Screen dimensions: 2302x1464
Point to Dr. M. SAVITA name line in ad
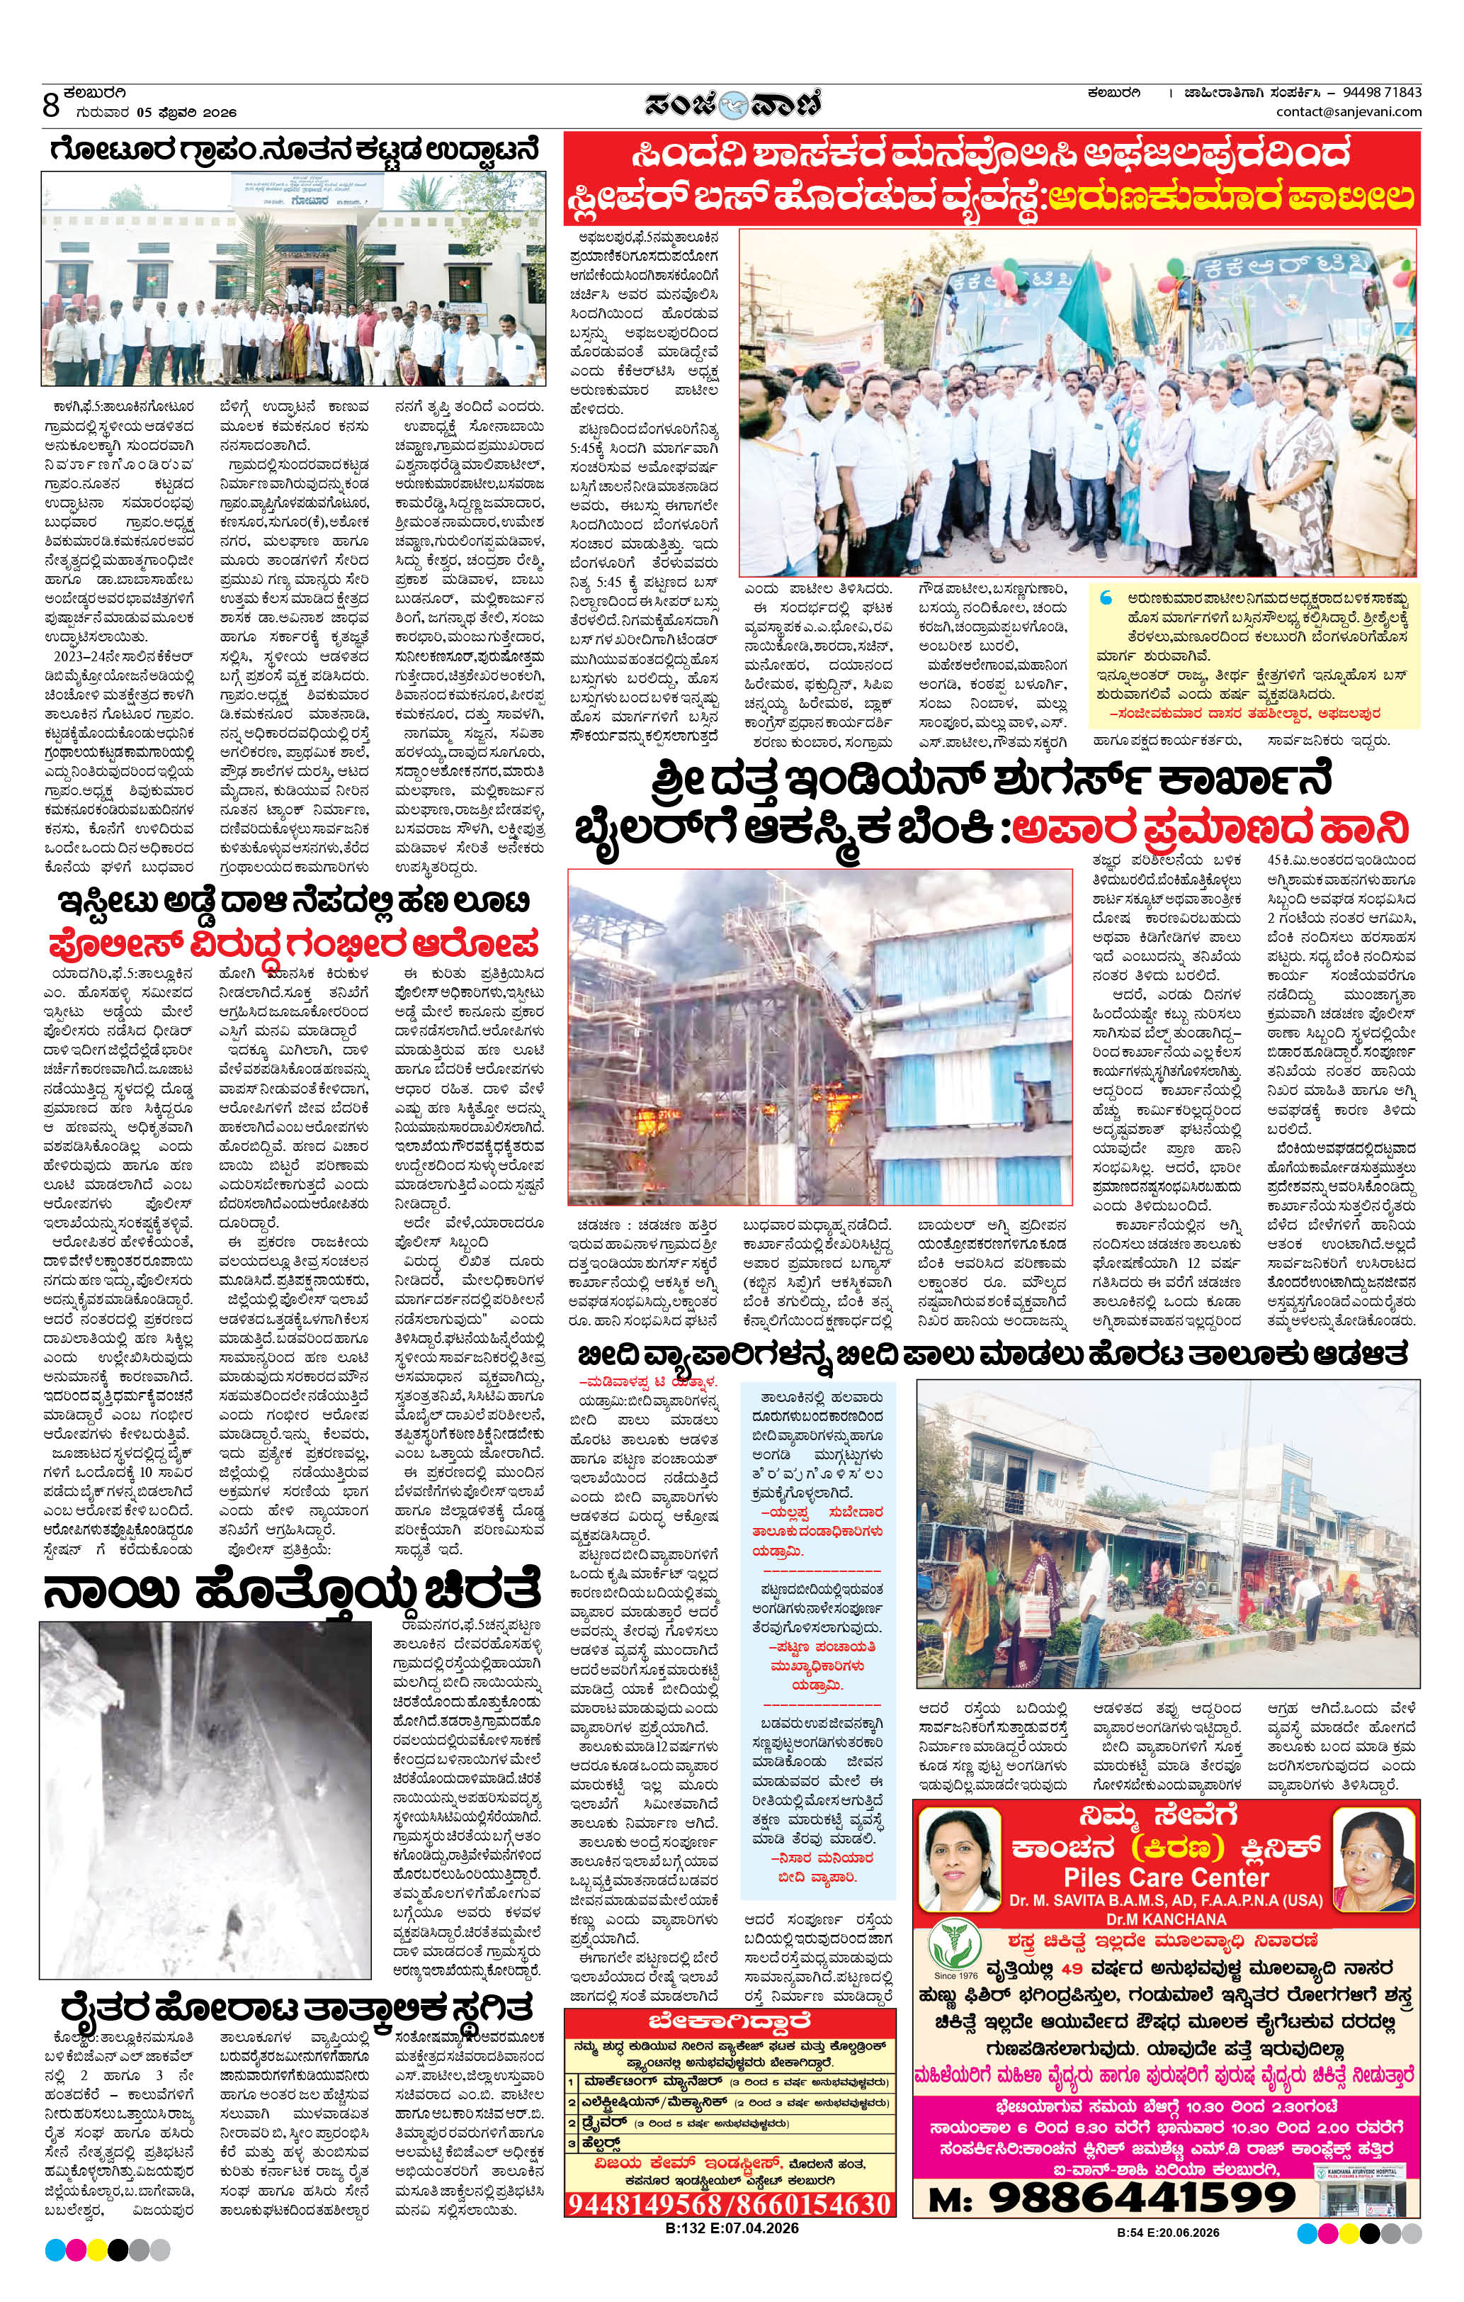pos(1166,1900)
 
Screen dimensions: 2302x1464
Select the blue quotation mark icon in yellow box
pos(1108,597)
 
